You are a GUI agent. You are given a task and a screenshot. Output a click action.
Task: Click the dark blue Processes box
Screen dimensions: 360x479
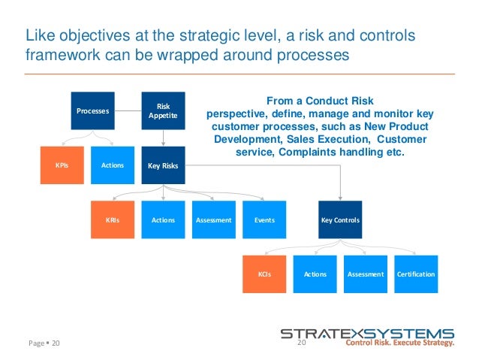(92, 110)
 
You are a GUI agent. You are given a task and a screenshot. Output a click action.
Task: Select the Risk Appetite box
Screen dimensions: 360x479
(163, 110)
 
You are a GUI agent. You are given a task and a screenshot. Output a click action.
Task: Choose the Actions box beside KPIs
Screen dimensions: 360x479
(113, 165)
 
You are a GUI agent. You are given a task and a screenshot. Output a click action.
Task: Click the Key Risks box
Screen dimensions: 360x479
(163, 165)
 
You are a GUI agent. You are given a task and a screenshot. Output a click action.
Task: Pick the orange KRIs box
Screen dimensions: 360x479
(113, 220)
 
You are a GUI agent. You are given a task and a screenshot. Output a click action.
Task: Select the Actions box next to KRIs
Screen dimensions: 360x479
(163, 220)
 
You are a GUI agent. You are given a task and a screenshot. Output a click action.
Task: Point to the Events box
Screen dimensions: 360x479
(264, 220)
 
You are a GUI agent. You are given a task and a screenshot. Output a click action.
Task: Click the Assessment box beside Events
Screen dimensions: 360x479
(213, 220)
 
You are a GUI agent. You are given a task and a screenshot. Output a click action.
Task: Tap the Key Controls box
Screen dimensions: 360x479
(340, 220)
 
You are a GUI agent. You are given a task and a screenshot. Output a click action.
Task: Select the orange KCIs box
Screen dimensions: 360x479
(264, 274)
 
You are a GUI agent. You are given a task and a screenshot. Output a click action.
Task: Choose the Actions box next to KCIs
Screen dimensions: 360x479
(315, 274)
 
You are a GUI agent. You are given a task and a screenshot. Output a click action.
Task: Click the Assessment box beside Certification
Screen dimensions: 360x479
(366, 274)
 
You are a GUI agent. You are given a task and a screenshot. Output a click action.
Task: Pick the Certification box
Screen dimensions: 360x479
(416, 274)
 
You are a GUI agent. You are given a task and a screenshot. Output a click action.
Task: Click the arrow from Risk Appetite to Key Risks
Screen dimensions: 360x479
(163, 138)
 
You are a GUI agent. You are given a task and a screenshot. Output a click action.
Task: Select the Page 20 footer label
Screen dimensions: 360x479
(43, 343)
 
